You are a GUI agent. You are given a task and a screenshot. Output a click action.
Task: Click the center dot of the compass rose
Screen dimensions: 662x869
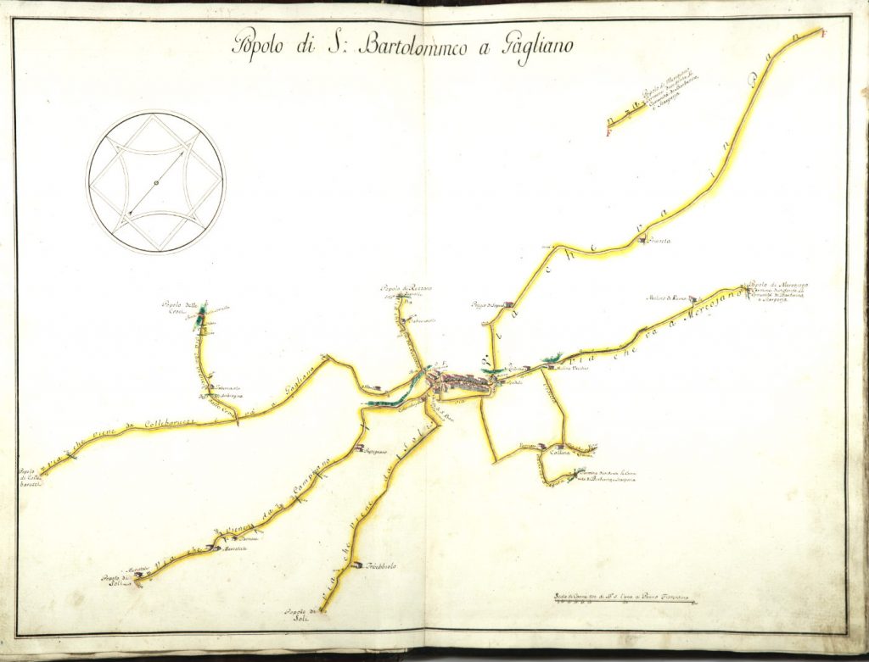[156, 182]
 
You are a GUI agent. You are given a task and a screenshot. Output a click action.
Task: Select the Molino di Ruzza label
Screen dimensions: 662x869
[670, 298]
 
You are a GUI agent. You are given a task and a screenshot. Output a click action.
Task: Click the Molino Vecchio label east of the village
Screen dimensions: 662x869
[556, 369]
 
